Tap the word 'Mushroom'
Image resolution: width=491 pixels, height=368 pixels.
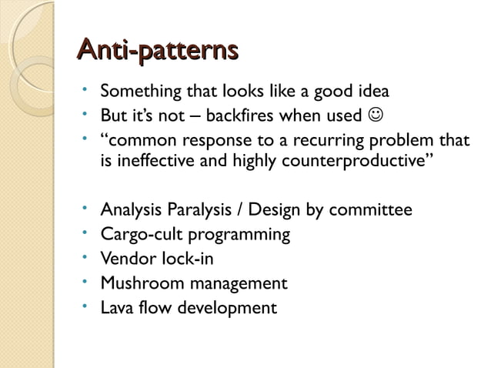[x=139, y=283]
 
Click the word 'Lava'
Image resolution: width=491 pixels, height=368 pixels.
[x=119, y=308]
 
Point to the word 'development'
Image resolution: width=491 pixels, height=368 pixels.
[x=228, y=308]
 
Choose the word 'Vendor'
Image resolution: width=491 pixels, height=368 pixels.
[x=129, y=259]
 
